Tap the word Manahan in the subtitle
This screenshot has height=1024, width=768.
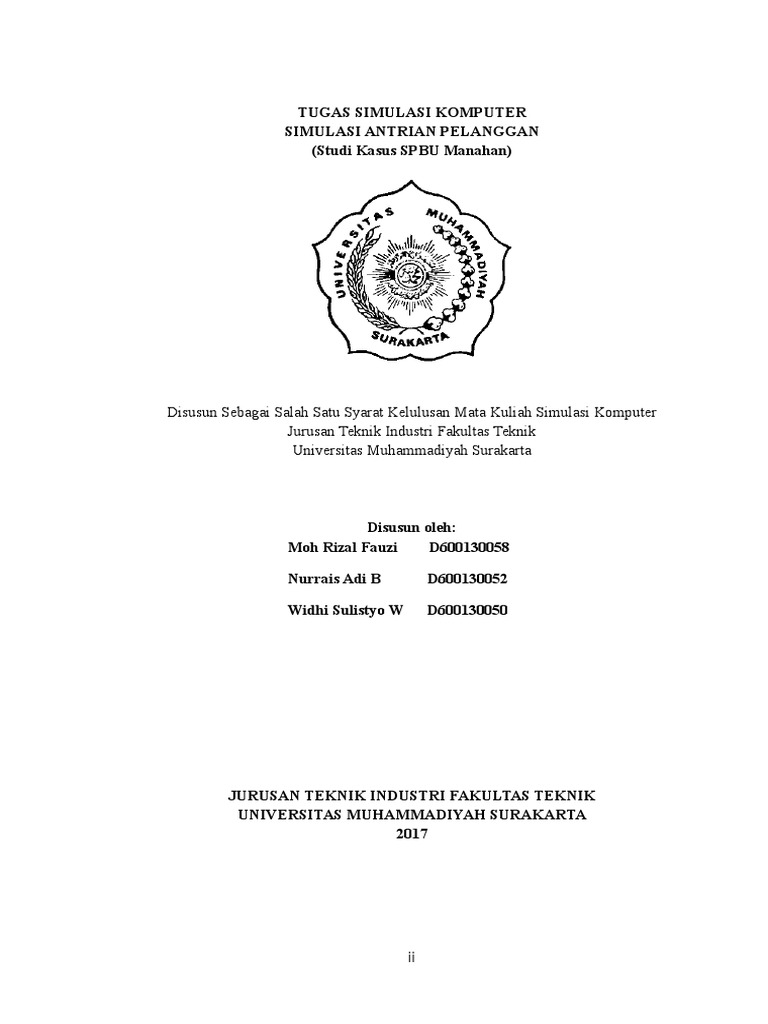(x=477, y=151)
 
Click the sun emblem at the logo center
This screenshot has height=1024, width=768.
(x=411, y=273)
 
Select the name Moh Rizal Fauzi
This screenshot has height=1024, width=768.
(x=342, y=548)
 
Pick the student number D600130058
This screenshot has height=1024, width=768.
(x=469, y=548)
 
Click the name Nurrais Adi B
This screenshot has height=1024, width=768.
(x=334, y=579)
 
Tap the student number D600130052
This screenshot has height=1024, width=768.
(x=468, y=579)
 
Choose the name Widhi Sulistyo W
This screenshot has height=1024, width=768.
(x=345, y=610)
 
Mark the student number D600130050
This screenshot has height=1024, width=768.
(x=467, y=610)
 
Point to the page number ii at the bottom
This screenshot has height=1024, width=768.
(x=411, y=957)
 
